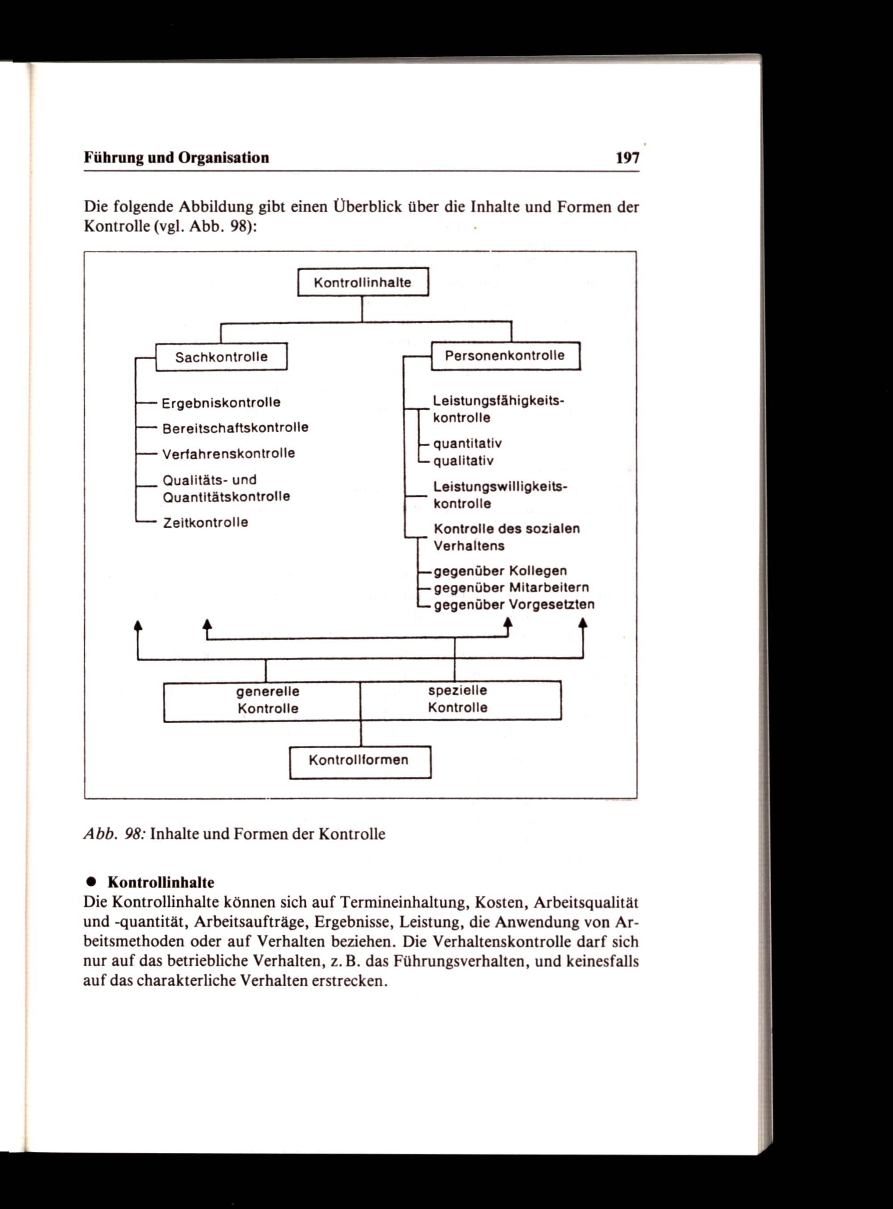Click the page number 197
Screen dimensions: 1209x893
click(x=627, y=158)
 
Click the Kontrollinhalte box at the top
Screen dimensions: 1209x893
click(x=363, y=282)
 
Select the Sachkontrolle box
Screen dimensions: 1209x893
click(x=221, y=357)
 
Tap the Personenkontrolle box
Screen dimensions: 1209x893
click(x=505, y=356)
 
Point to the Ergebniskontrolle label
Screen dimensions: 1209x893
click(x=221, y=403)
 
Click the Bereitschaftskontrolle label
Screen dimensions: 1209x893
click(x=235, y=428)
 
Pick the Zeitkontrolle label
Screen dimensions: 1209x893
click(x=205, y=522)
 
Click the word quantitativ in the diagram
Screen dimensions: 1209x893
click(x=467, y=444)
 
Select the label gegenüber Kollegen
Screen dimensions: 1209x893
click(x=501, y=571)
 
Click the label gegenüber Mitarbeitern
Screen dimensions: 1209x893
click(x=511, y=588)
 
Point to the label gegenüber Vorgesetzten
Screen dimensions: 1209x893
click(x=514, y=604)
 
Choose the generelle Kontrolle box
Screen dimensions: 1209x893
click(x=267, y=700)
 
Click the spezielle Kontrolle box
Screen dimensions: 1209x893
click(x=458, y=699)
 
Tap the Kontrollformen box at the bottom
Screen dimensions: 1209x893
click(x=359, y=760)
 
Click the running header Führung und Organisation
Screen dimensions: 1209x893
click(x=176, y=158)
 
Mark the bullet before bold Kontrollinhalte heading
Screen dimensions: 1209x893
click(x=92, y=882)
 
